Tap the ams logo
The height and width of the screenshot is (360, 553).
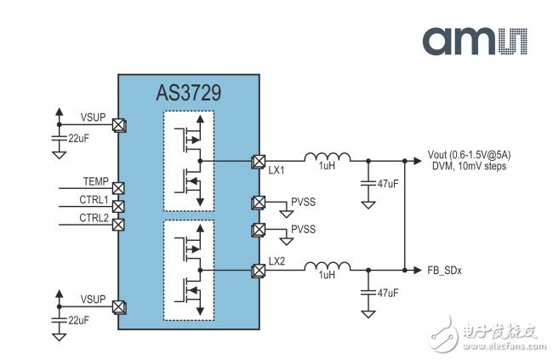(x=476, y=40)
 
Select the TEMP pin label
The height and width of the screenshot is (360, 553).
(x=96, y=181)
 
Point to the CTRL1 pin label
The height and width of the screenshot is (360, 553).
(x=94, y=200)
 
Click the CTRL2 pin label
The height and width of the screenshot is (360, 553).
(x=94, y=218)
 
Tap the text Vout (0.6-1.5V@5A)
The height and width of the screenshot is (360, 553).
(x=471, y=156)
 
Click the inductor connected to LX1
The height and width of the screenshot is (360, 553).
(x=328, y=157)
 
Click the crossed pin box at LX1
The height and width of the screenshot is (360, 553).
(x=258, y=160)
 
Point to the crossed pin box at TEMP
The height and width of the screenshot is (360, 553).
(x=119, y=188)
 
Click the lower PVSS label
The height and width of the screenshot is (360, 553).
(x=304, y=230)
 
